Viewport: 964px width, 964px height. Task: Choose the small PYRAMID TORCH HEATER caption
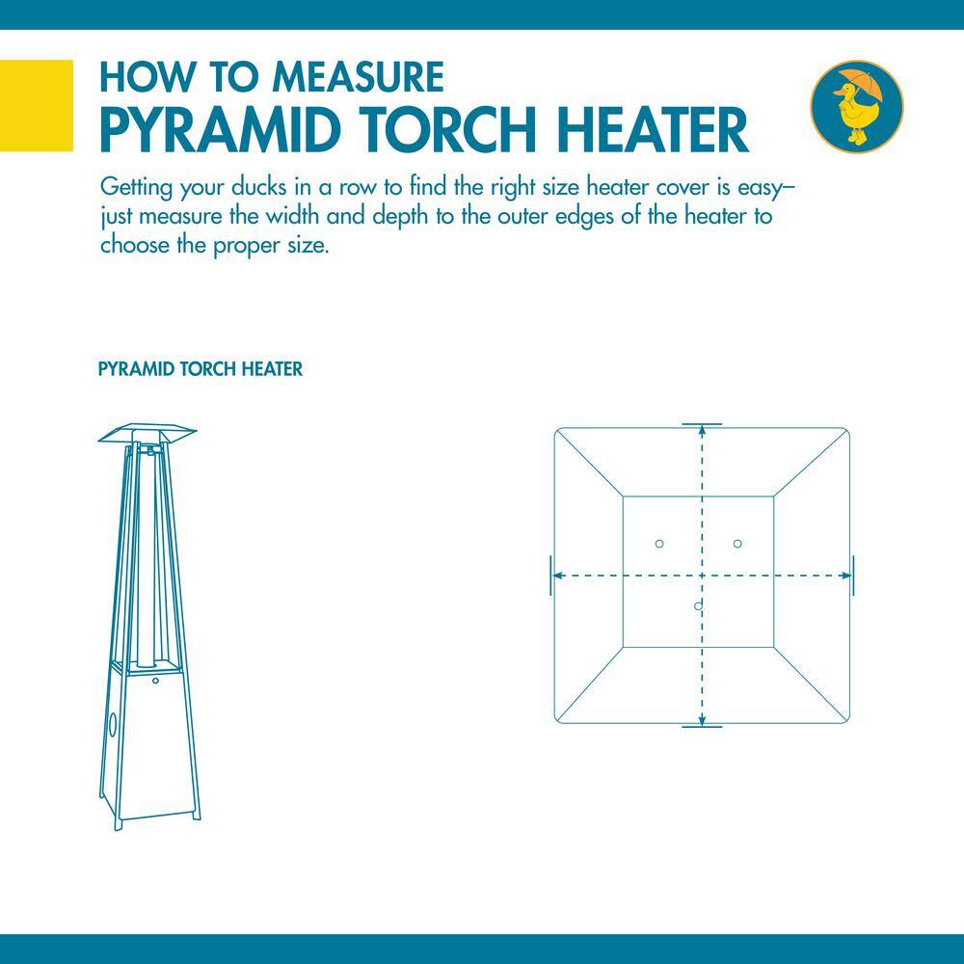[x=201, y=369]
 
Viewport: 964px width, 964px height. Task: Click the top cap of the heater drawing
[x=147, y=434]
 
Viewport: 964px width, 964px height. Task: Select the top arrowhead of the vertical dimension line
[x=702, y=430]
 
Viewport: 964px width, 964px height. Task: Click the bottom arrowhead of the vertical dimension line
[x=702, y=721]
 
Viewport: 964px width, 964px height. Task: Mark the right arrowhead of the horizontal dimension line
[x=848, y=576]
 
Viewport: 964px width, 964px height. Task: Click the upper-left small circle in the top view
[x=659, y=544]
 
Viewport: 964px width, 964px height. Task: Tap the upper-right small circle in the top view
[x=737, y=544]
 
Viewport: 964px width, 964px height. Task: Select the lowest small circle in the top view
[x=697, y=605]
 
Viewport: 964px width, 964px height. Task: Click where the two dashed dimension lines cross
[x=702, y=576]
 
